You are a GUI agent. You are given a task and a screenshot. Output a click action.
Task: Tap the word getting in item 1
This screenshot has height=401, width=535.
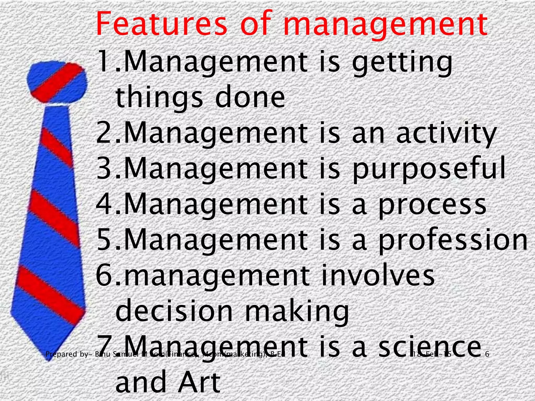(x=402, y=63)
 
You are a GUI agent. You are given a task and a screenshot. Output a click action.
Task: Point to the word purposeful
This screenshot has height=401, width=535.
(x=429, y=170)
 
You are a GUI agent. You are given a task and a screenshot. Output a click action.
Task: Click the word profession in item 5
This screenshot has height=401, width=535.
(x=453, y=240)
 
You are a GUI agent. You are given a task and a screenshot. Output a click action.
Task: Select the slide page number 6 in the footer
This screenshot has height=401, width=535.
(x=487, y=354)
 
